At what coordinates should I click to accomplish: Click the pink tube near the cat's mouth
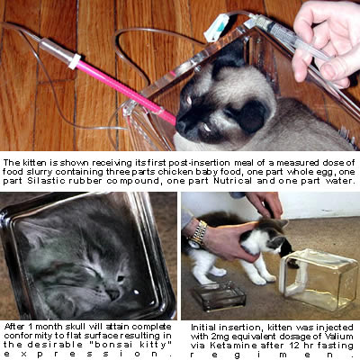pos(126,90)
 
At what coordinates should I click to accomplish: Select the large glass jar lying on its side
pos(319,280)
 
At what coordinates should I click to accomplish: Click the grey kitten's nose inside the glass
pos(113,293)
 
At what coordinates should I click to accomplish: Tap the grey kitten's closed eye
pos(90,272)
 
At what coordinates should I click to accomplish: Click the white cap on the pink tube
pos(76,60)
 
